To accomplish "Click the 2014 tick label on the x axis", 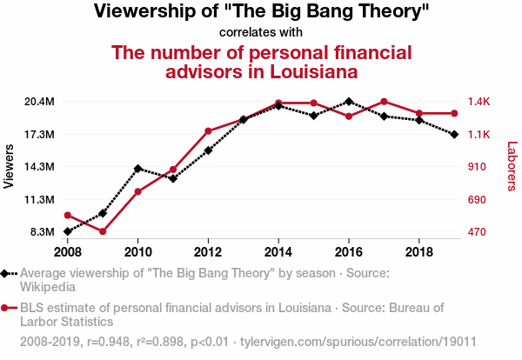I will [278, 252].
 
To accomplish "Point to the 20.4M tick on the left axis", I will [39, 102].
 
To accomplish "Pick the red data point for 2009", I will [103, 231].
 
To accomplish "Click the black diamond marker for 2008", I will [67, 231].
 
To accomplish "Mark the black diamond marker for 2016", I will [349, 102].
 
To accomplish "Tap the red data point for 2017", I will [384, 103].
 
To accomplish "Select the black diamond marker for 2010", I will [137, 168].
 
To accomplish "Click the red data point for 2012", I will [208, 131].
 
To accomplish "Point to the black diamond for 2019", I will [454, 134].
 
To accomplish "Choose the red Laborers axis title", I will [512, 167].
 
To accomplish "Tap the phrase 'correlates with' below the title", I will [260, 33].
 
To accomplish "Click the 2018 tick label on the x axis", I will [419, 252].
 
